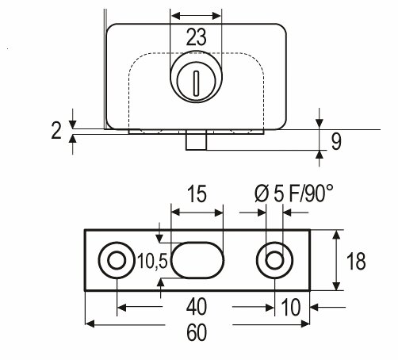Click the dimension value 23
pos(196,37)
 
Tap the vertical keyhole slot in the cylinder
pos(196,83)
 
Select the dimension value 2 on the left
pos(56,131)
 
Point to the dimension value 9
pos(336,142)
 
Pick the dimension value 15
pos(197,193)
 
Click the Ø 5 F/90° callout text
pos(294,193)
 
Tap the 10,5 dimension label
pos(153,262)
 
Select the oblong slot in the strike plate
pos(197,260)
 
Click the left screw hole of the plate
pos(117,260)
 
